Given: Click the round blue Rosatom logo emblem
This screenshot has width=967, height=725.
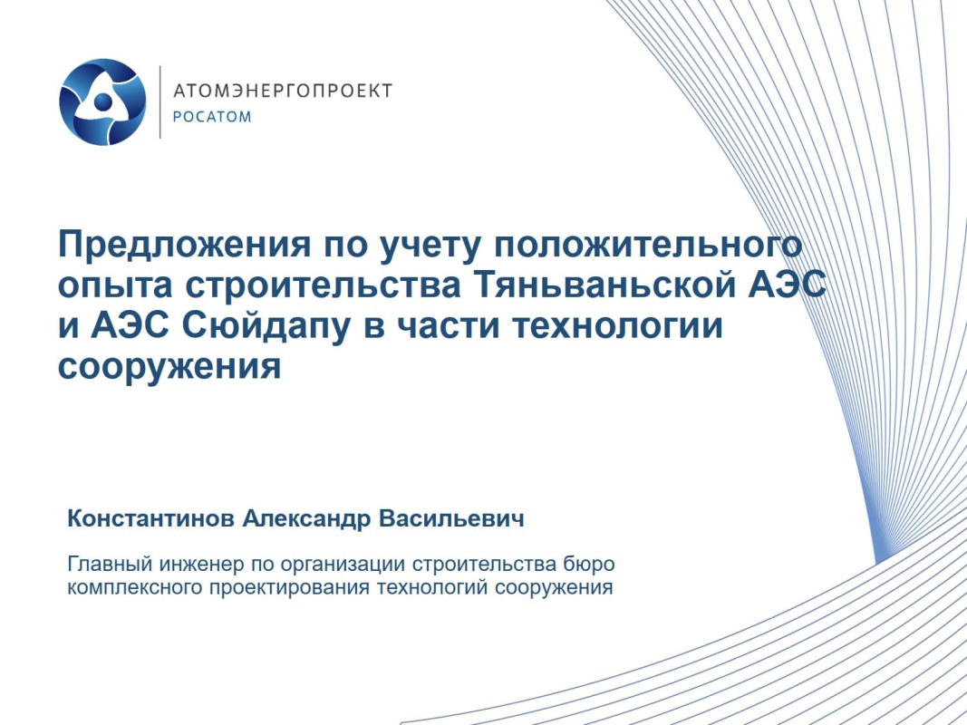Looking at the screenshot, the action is [x=102, y=101].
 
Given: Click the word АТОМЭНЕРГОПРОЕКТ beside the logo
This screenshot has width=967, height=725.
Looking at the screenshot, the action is [x=283, y=91].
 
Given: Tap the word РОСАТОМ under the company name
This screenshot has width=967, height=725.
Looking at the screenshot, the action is [x=212, y=117].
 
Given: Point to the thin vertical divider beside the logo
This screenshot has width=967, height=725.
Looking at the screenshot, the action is [x=160, y=101].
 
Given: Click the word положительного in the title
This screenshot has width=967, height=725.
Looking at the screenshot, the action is [x=648, y=244].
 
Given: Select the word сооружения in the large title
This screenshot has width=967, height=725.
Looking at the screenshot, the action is [x=169, y=366].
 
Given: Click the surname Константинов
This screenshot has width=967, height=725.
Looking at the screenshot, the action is [x=150, y=518].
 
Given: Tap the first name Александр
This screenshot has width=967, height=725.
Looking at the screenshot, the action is [x=306, y=518].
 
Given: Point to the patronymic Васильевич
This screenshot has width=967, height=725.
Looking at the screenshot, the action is [x=451, y=518].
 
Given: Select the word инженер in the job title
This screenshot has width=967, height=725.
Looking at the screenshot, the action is [x=203, y=564].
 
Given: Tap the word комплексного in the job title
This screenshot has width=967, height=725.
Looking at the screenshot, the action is [x=135, y=587].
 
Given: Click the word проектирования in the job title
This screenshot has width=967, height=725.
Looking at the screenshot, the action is [x=290, y=587].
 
